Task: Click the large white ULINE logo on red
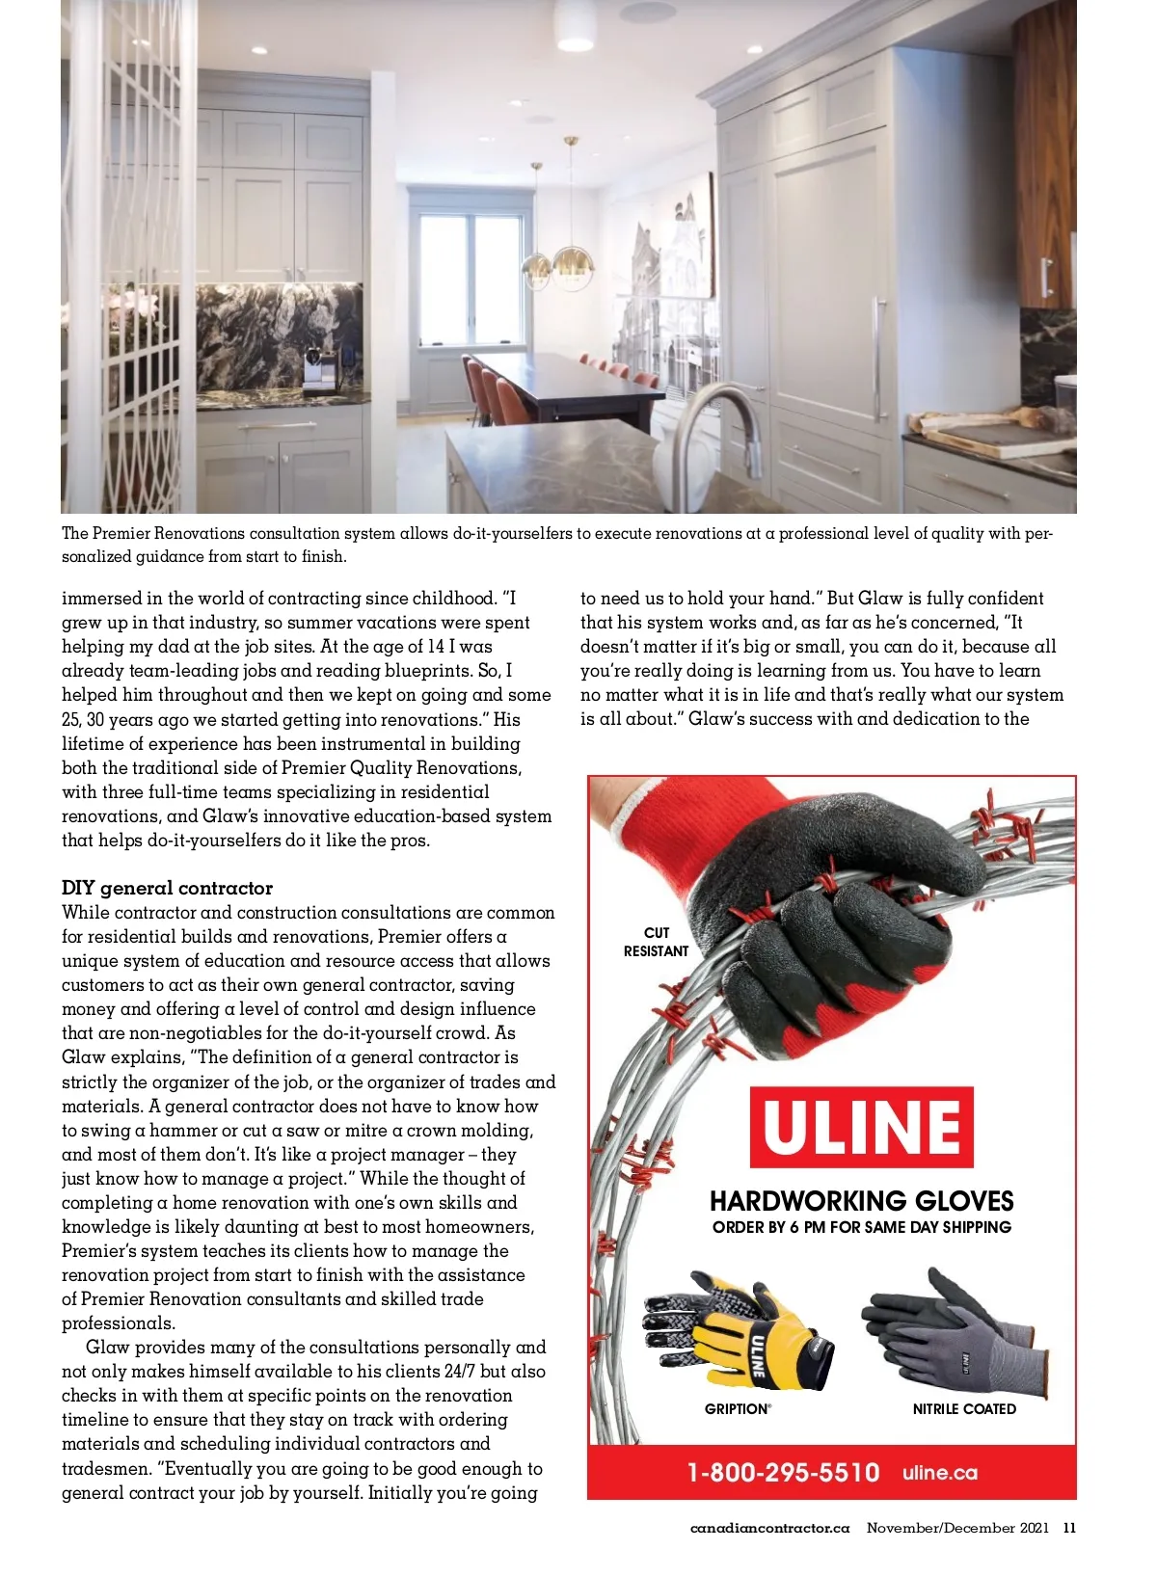[x=861, y=1127]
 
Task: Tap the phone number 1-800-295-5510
[x=783, y=1473]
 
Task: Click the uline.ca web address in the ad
[x=940, y=1473]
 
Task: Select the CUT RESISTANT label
[x=656, y=942]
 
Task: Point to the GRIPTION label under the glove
[x=738, y=1409]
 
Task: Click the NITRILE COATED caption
[x=964, y=1409]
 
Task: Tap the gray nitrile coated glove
[x=955, y=1335]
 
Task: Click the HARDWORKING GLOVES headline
[x=861, y=1201]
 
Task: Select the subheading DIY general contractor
[x=167, y=888]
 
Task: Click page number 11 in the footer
[x=1069, y=1528]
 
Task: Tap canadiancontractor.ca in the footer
[x=769, y=1528]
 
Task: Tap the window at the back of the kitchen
[x=471, y=280]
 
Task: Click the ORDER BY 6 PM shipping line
[x=861, y=1227]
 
